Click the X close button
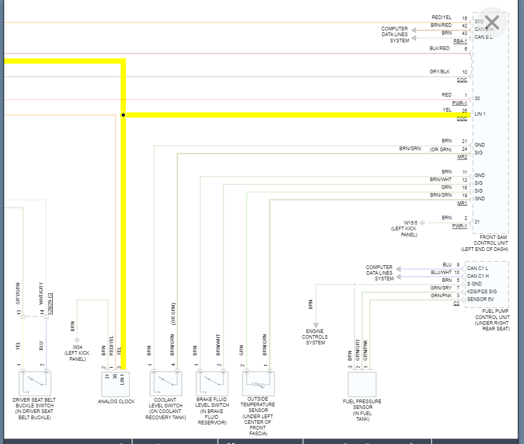tap(492, 22)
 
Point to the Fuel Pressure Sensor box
tap(362, 385)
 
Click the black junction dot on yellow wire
tap(123, 115)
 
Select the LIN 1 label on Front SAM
tap(480, 114)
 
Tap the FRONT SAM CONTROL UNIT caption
tap(490, 243)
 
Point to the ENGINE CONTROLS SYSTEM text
tap(315, 337)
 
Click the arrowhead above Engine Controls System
tap(315, 325)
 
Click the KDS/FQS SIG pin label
tap(482, 292)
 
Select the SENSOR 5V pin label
tap(481, 299)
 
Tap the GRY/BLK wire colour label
tap(440, 72)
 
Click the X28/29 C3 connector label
tap(50, 304)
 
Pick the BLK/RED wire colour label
tap(439, 49)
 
